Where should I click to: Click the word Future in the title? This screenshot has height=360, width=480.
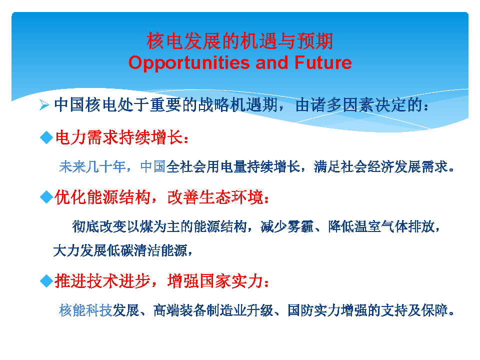tap(323, 62)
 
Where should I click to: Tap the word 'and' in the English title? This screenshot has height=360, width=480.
tap(272, 62)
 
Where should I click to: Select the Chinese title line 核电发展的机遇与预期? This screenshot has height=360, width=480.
tap(239, 41)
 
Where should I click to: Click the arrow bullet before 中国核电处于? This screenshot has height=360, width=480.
tap(44, 105)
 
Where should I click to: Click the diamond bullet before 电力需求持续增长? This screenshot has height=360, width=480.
tap(46, 137)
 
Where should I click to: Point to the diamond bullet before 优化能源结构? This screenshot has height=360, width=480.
tap(46, 197)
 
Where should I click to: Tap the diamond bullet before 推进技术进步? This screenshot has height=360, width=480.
tap(46, 280)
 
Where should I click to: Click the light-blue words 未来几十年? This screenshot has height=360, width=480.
tap(92, 167)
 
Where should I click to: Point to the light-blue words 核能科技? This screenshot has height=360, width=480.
tap(85, 310)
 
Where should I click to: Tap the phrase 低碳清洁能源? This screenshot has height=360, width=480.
tap(147, 250)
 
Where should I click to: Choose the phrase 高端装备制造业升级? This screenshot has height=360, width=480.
tap(213, 310)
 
